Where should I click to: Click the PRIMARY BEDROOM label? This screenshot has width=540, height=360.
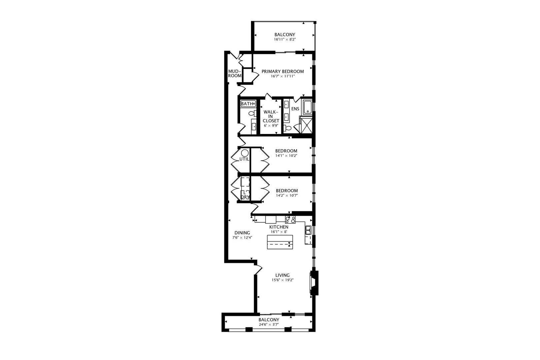[x=283, y=71]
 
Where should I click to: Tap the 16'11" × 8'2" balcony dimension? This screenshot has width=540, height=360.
[x=285, y=39]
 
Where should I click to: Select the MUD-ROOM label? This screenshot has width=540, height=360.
[x=235, y=73]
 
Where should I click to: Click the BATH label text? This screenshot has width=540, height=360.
[x=247, y=104]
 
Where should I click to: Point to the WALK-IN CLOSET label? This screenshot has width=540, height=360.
[x=271, y=116]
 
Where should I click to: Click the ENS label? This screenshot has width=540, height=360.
[x=295, y=109]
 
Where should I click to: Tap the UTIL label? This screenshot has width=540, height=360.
[x=244, y=159]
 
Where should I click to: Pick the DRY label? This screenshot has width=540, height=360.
[x=245, y=197]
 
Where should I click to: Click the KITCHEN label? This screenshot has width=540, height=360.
[x=279, y=227]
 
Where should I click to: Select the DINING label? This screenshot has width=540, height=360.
[x=242, y=233]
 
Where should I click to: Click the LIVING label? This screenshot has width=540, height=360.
[x=282, y=275]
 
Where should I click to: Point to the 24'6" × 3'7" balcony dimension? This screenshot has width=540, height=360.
[x=269, y=325]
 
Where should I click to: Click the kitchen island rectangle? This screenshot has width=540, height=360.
[x=280, y=242]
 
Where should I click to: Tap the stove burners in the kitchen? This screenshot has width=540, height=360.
[x=290, y=219]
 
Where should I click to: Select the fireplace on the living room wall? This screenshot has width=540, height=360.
[x=314, y=283]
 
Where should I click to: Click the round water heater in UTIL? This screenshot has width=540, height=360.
[x=245, y=153]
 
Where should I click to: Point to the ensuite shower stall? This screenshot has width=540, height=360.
[x=306, y=125]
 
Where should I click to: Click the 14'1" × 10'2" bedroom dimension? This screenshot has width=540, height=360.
[x=286, y=156]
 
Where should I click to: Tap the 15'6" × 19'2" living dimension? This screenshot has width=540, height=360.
[x=282, y=280]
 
